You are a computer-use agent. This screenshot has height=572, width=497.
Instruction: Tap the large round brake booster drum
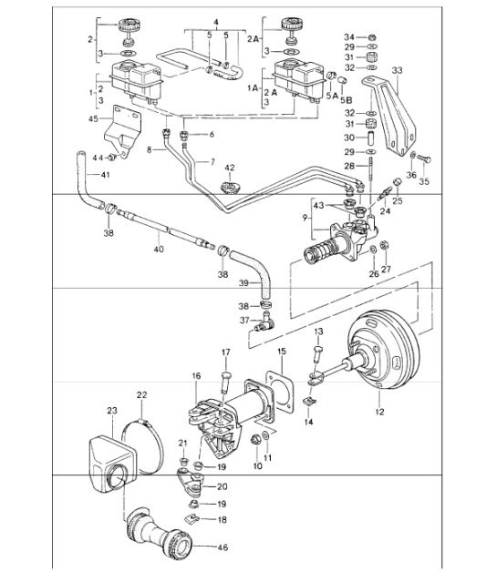(x=384, y=355)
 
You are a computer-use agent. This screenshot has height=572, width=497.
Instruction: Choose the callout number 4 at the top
(x=216, y=19)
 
